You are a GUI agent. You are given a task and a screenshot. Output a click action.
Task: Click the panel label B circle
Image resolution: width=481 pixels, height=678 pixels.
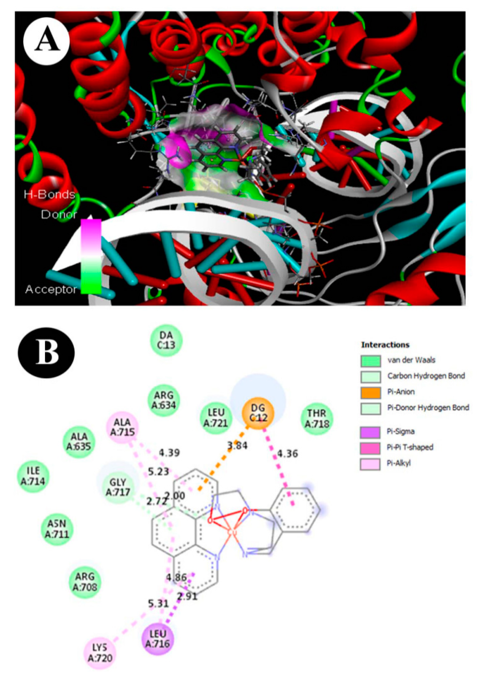(46, 353)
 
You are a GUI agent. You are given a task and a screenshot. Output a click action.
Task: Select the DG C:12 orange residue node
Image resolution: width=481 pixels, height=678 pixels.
(258, 413)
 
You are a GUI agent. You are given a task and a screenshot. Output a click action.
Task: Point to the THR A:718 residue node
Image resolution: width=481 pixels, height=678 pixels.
(317, 418)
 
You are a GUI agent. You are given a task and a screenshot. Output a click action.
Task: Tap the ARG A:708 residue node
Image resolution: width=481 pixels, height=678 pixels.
(85, 581)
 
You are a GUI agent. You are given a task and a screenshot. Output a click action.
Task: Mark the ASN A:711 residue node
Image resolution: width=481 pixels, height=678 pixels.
(57, 529)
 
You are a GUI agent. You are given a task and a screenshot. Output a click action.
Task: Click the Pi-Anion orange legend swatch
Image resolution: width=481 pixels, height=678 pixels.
(370, 392)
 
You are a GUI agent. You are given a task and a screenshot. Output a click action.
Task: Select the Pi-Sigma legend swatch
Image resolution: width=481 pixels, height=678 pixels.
(370, 432)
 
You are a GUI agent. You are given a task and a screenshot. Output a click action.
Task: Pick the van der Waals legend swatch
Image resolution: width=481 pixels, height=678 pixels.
(370, 361)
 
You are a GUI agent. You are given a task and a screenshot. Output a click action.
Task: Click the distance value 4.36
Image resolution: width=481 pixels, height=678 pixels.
(287, 453)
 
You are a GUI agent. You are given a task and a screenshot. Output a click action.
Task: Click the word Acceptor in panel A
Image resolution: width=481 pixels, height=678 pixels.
(51, 289)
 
